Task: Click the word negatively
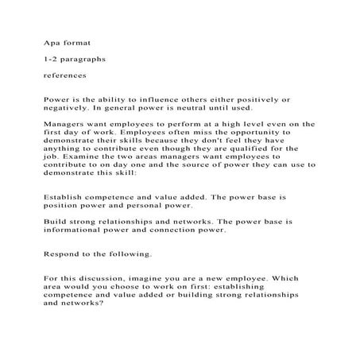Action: [x=72, y=106]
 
